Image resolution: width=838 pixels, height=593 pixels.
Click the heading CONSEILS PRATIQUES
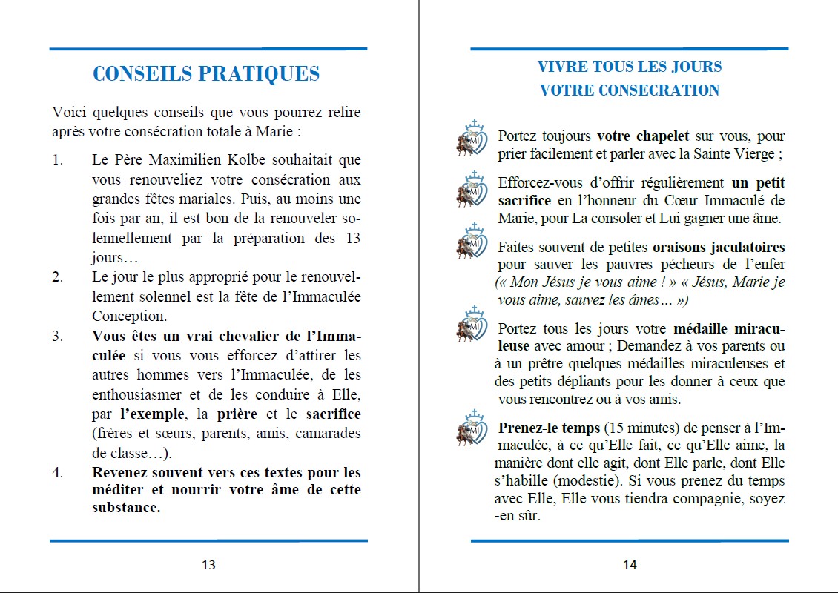coord(206,74)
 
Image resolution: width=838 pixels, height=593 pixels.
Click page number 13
coord(208,565)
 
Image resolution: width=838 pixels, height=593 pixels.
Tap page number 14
coord(630,565)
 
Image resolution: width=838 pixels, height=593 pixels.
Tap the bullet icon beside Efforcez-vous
coord(471,189)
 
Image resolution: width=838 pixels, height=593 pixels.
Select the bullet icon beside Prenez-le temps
coord(471,428)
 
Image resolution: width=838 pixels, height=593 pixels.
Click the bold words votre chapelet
coord(643,136)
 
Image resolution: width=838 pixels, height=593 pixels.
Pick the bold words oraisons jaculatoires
coord(719,247)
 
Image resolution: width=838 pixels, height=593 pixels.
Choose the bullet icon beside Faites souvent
coord(471,242)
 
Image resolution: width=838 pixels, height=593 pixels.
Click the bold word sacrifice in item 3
coord(333,414)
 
